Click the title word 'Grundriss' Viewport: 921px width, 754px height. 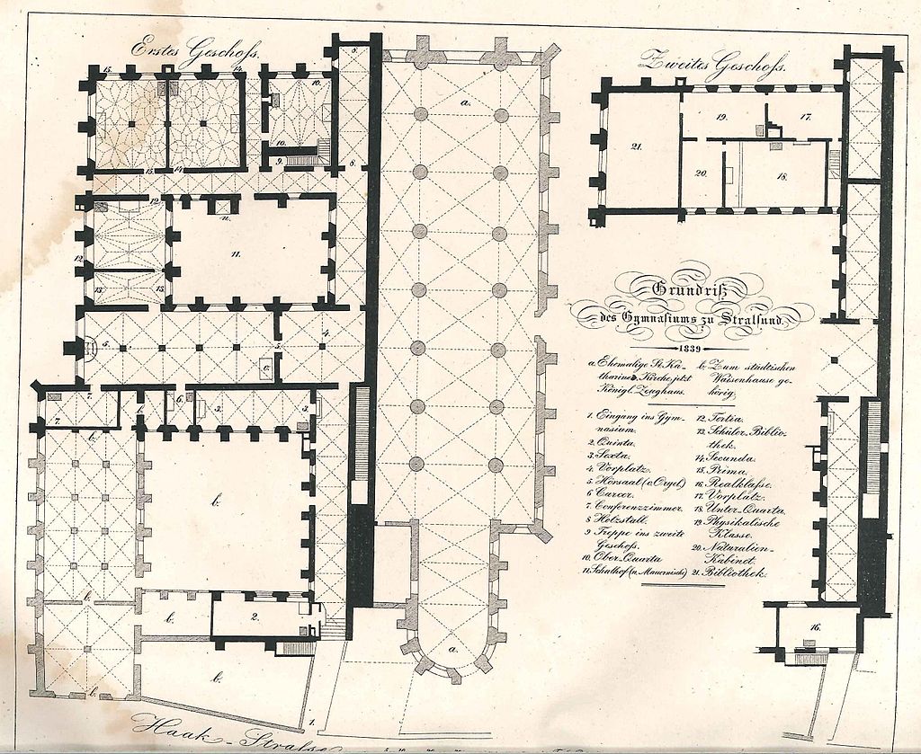(690, 288)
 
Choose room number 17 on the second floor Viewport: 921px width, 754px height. (806, 118)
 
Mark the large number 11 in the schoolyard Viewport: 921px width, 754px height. (236, 254)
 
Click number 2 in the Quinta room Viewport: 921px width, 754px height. (255, 616)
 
